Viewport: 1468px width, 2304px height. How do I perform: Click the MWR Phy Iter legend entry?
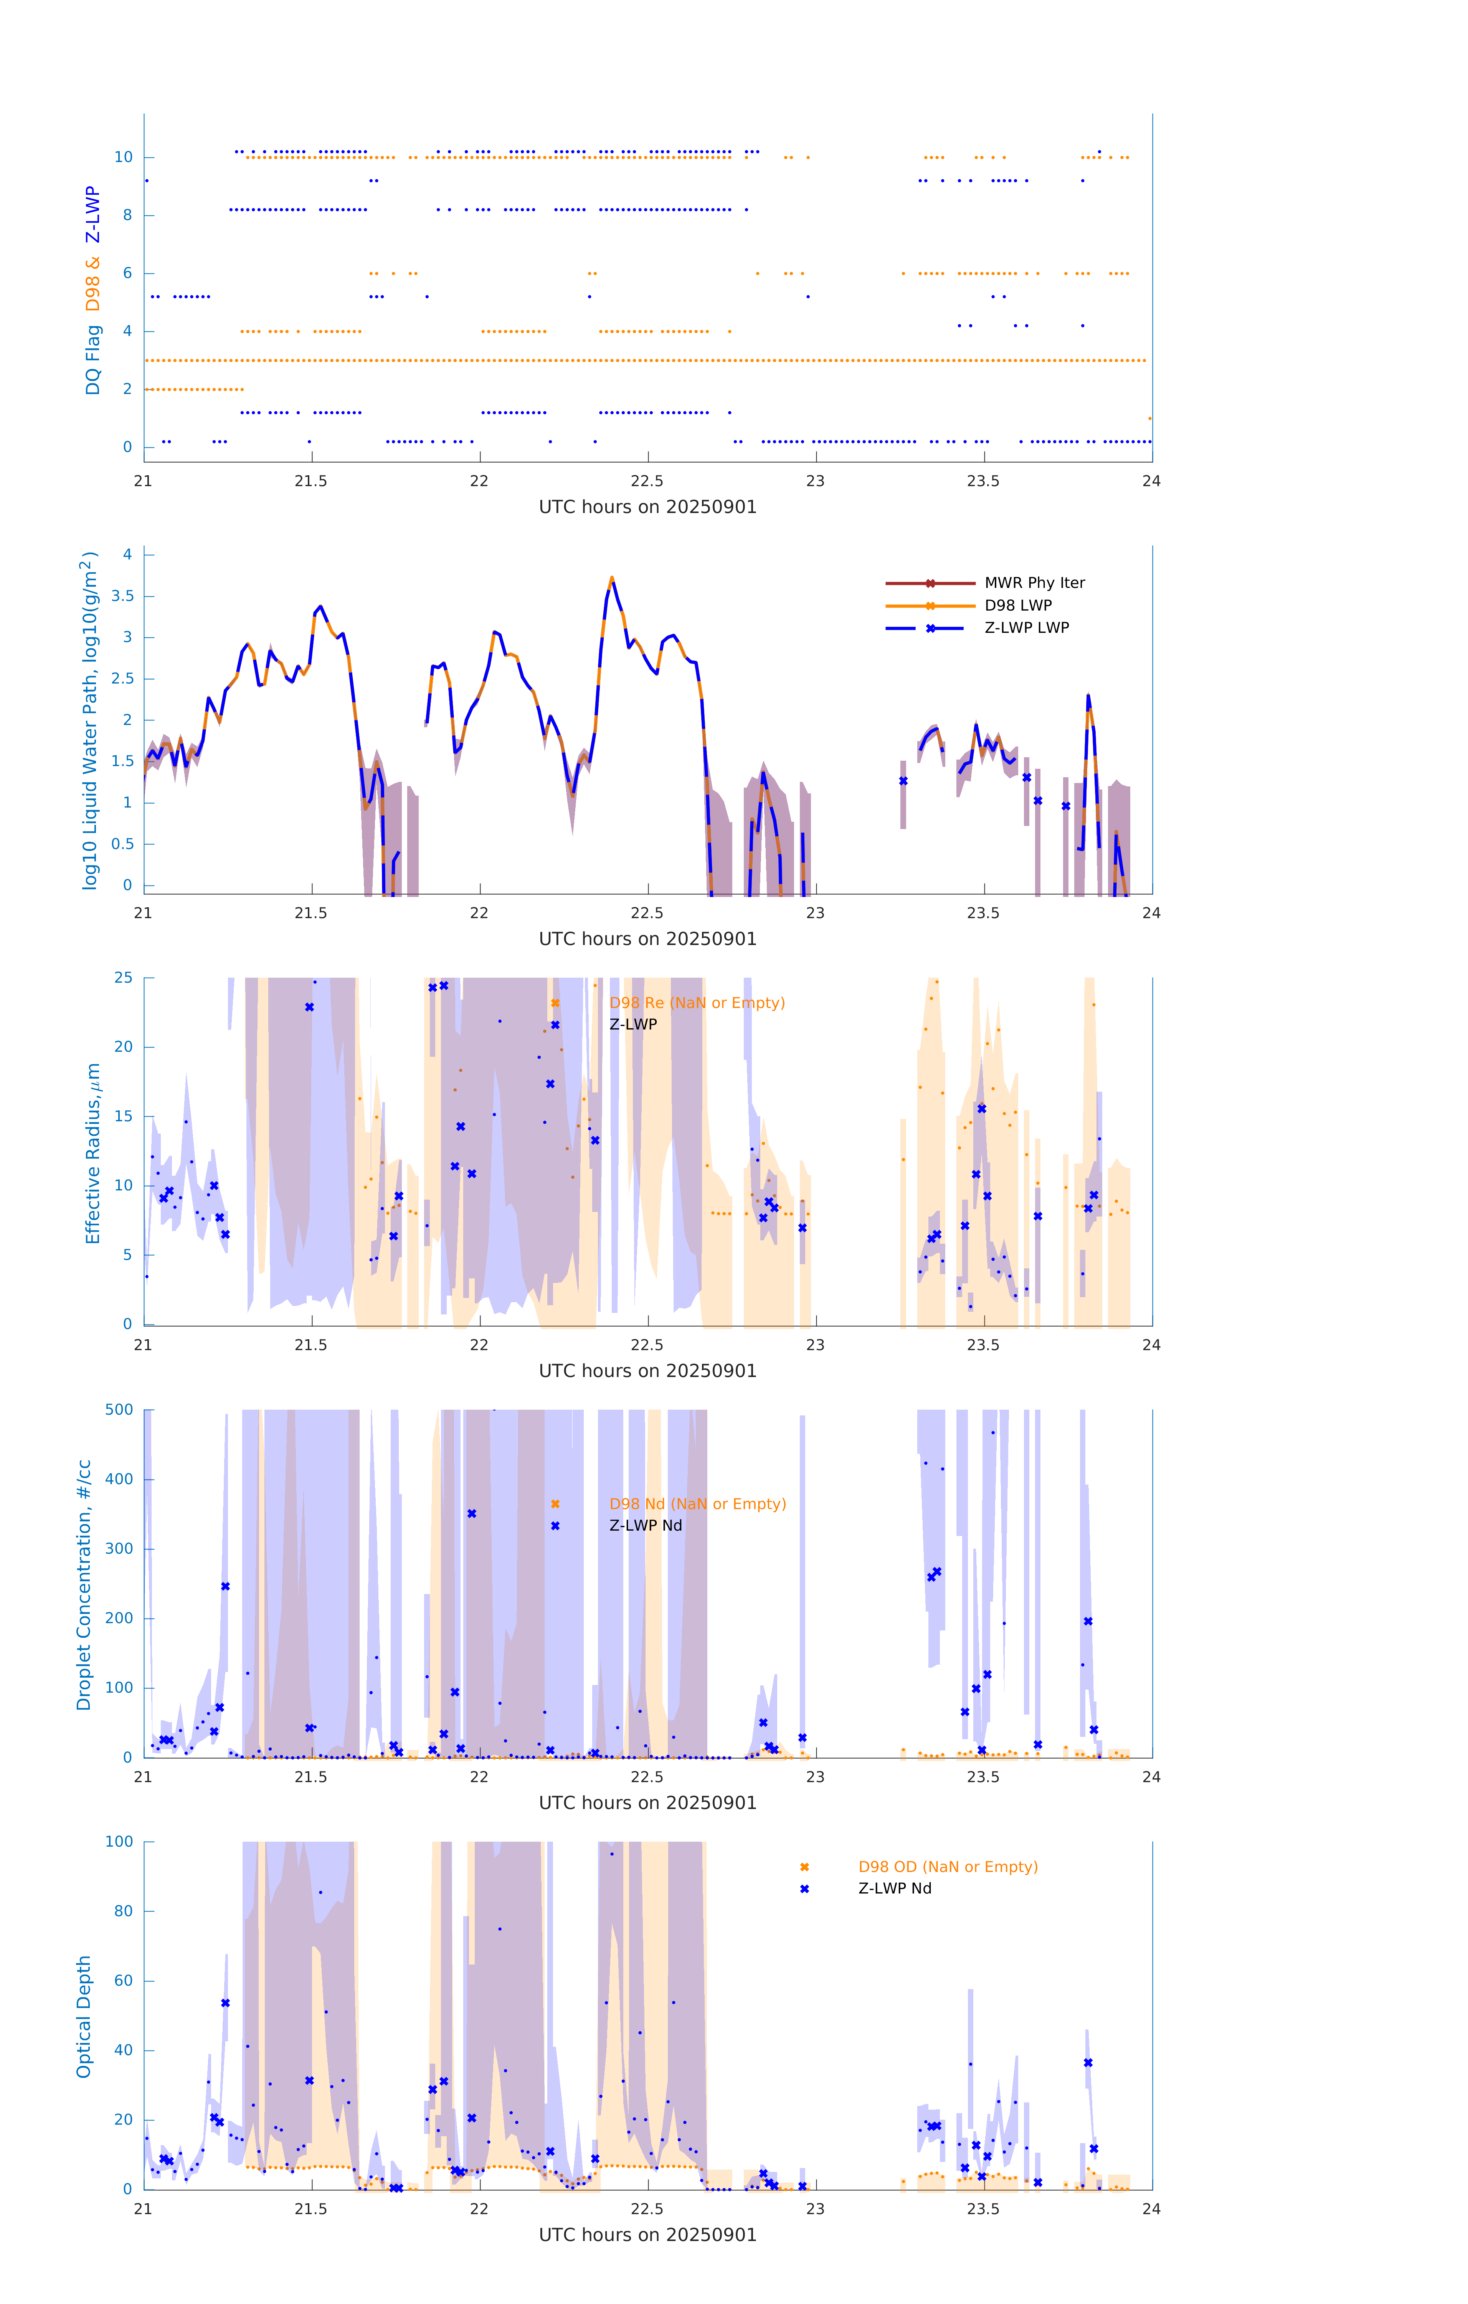tap(1034, 583)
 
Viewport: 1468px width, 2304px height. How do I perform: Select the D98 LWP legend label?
tap(1017, 606)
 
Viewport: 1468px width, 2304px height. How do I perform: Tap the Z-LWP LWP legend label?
tap(1026, 628)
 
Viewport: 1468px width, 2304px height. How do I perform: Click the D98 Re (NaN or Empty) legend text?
tap(696, 1003)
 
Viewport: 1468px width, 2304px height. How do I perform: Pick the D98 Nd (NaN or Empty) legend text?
tap(697, 1504)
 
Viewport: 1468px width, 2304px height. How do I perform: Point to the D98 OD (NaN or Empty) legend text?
tap(947, 1867)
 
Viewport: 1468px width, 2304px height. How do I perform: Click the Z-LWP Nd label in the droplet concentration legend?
tap(646, 1525)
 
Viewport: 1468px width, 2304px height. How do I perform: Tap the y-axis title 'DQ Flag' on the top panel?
tap(93, 360)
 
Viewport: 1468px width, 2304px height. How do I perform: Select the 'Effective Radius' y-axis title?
tap(93, 1153)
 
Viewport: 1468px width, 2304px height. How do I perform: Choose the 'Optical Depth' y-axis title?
tap(84, 2016)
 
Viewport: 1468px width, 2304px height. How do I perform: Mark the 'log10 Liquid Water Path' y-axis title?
tap(90, 720)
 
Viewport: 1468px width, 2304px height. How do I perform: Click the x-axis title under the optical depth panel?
tap(647, 2235)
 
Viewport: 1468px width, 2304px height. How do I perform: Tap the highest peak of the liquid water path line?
tap(611, 578)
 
